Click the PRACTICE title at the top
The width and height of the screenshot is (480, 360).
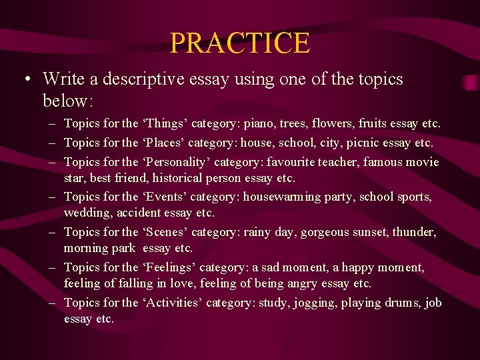point(240,43)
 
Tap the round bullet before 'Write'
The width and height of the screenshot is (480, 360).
point(25,80)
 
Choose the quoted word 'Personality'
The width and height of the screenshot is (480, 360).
point(175,162)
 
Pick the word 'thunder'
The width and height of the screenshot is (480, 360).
point(414,232)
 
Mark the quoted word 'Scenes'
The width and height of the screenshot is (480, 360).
point(167,232)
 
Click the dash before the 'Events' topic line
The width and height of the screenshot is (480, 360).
point(52,197)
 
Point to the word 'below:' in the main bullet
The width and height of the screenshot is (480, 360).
point(67,101)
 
